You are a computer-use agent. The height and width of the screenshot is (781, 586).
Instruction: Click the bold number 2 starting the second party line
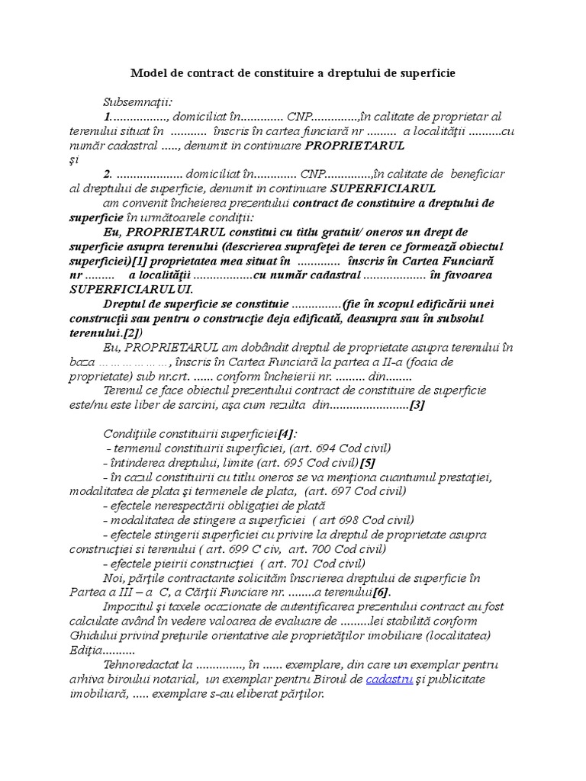[108, 175]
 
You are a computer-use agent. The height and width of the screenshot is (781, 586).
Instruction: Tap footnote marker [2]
[130, 333]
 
